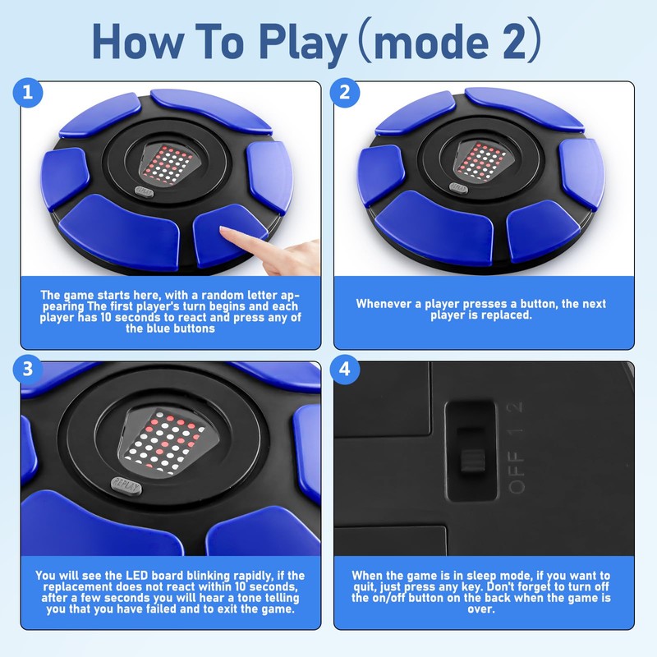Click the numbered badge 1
click(x=28, y=92)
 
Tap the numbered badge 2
click(x=344, y=92)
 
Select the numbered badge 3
click(x=28, y=369)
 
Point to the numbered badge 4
click(x=344, y=369)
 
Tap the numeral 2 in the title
click(x=514, y=42)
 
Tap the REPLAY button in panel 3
click(x=126, y=487)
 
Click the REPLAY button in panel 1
click(x=145, y=191)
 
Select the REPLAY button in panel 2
click(x=459, y=188)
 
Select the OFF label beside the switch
click(x=517, y=472)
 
